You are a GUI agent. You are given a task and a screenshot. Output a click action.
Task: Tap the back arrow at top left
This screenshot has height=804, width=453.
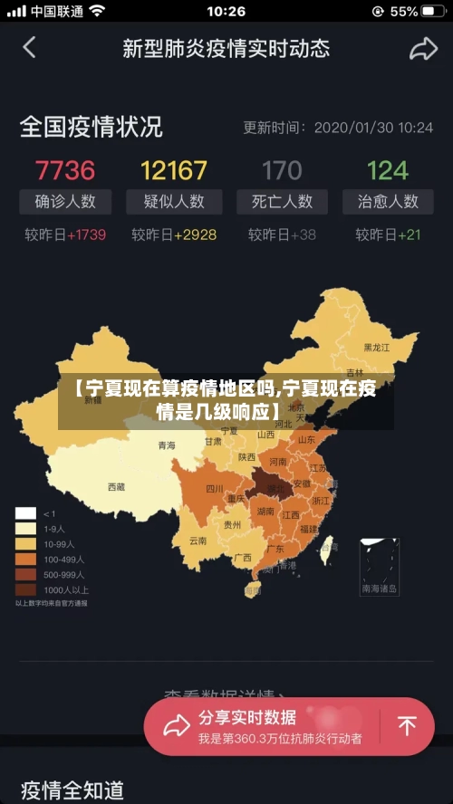point(29,47)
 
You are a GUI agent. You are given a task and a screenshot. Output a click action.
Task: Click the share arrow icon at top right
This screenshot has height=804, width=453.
point(423,49)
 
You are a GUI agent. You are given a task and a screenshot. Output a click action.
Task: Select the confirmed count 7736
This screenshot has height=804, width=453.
point(65,169)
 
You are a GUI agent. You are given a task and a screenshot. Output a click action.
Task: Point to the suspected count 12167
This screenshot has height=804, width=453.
point(174,169)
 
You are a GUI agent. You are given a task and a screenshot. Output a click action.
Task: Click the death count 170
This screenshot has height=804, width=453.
point(282,169)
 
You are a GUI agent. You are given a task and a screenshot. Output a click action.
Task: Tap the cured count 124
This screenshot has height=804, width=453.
point(388,169)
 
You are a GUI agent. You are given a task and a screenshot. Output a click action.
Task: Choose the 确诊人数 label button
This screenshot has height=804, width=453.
point(65,201)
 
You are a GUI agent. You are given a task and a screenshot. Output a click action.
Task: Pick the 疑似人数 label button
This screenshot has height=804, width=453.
point(174,201)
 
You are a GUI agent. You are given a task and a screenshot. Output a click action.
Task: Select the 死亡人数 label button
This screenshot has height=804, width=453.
point(282,201)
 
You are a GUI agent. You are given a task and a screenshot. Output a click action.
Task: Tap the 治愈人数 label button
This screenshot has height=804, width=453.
point(388,201)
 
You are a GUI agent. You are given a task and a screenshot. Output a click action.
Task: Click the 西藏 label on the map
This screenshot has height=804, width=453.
point(117,486)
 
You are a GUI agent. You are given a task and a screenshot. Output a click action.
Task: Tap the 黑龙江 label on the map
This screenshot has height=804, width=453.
point(376,347)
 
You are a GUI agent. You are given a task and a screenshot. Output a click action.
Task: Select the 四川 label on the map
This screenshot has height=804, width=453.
point(215,489)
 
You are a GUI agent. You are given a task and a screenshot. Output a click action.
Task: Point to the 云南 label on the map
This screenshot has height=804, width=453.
point(198,541)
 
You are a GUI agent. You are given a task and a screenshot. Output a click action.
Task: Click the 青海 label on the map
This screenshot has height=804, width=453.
point(167,445)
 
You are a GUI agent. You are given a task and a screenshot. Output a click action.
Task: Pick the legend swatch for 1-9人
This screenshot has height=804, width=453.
point(25,528)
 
